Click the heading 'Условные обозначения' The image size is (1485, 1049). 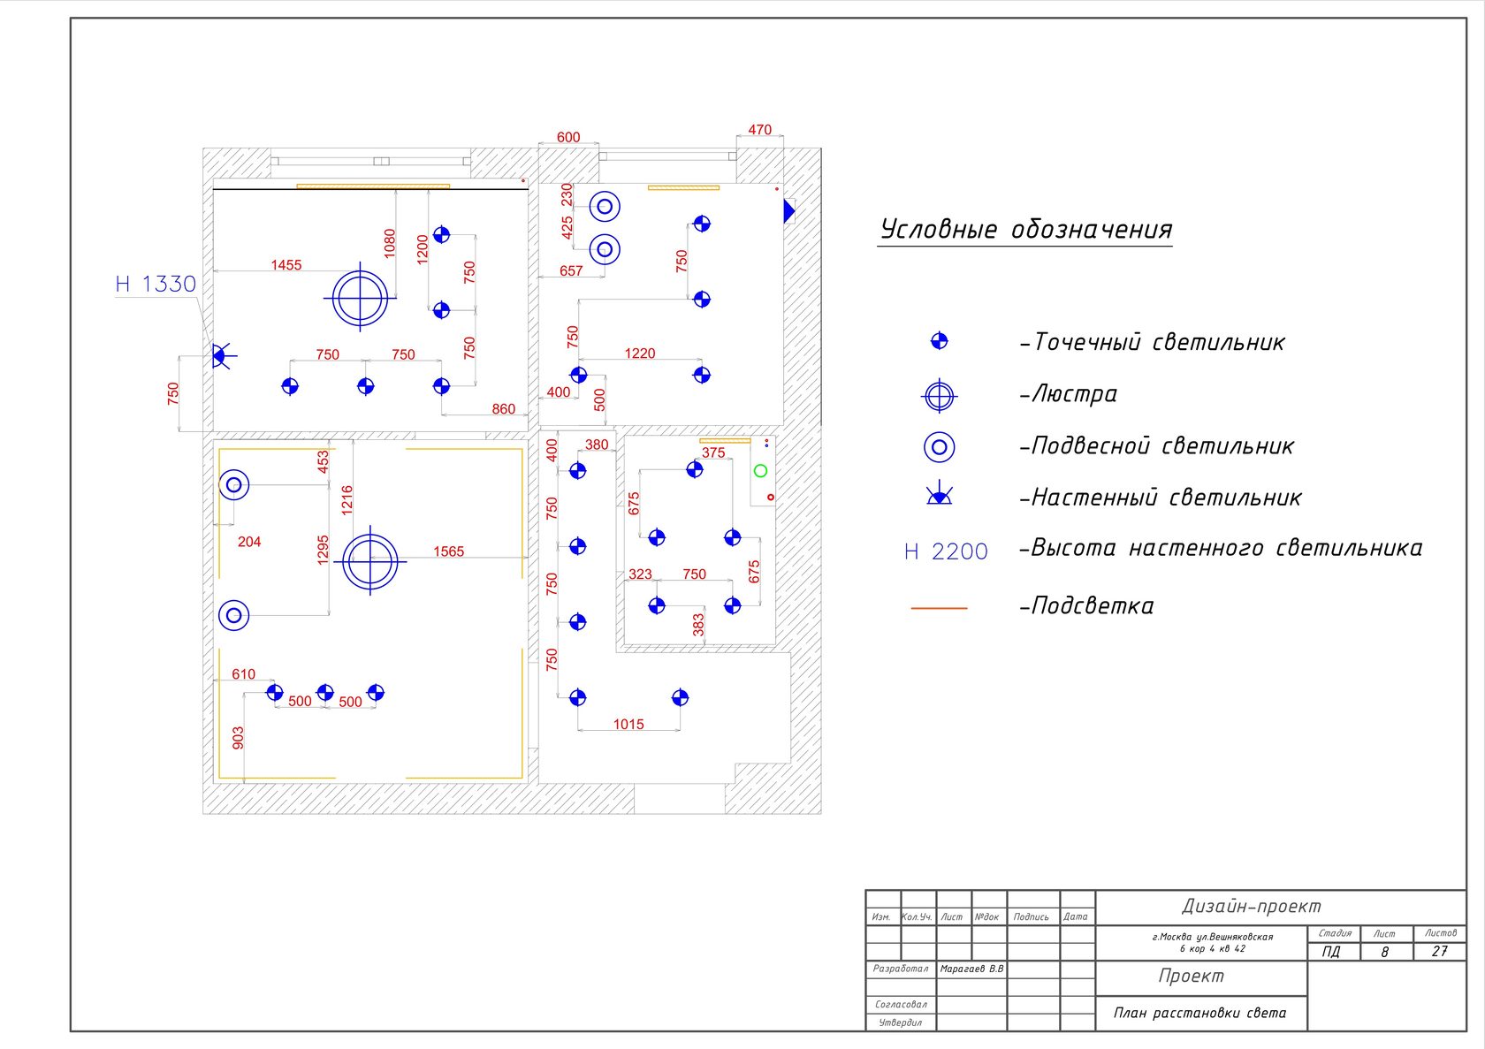1025,230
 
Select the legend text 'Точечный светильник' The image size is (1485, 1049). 1158,342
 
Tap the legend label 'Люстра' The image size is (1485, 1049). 1074,394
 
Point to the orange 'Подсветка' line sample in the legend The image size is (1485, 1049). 939,608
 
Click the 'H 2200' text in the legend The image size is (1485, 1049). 946,551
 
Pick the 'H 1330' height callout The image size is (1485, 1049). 156,284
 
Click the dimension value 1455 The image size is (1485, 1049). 286,265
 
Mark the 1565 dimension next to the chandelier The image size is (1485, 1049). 448,551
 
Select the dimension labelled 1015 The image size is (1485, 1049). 628,724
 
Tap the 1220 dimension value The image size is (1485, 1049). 640,353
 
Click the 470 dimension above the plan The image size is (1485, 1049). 759,130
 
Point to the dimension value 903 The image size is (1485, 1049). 238,738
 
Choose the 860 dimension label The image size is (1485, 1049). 503,409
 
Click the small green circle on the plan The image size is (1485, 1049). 760,471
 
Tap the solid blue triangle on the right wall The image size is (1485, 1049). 788,211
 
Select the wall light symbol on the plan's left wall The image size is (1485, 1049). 221,356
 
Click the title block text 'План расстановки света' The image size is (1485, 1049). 1199,1013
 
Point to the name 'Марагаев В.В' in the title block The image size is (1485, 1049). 971,969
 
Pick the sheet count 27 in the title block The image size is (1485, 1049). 1440,951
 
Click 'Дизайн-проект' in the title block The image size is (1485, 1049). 1251,906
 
